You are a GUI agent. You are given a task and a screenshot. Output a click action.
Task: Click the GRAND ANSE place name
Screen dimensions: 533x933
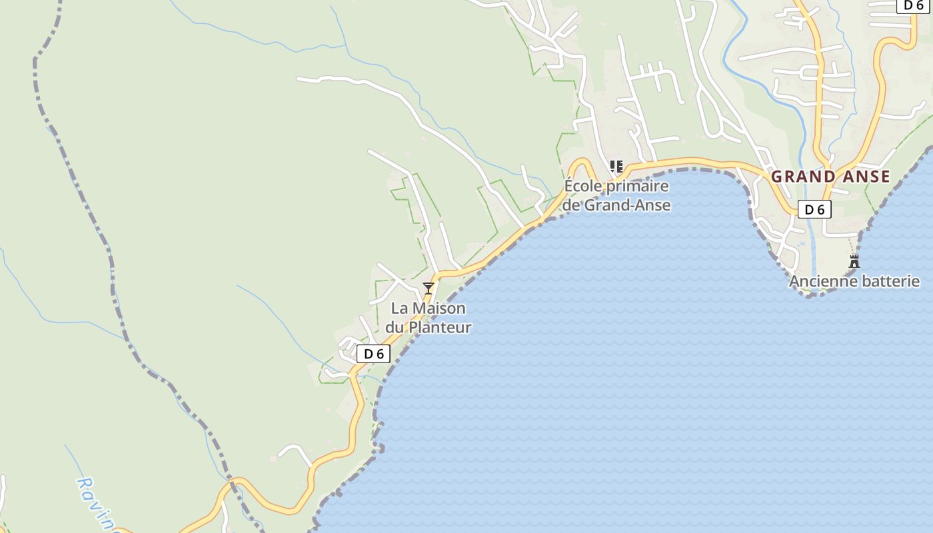[830, 177]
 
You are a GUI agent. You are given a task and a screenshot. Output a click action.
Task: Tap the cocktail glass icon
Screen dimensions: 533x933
[429, 288]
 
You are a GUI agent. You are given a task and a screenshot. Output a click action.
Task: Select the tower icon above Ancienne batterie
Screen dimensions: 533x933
[854, 261]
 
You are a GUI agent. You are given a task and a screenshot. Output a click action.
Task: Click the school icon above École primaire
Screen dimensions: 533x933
[616, 166]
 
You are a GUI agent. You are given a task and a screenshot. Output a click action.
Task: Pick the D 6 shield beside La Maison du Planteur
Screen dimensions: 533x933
[374, 354]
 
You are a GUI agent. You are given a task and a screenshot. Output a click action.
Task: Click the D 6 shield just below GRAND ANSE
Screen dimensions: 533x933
[814, 209]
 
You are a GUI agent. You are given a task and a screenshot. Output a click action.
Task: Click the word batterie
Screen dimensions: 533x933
[891, 281]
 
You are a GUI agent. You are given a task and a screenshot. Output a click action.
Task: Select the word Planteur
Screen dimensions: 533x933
[439, 327]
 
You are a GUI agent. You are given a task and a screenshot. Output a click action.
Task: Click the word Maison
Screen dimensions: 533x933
[439, 308]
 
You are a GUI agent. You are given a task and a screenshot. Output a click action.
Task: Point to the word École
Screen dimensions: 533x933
[584, 186]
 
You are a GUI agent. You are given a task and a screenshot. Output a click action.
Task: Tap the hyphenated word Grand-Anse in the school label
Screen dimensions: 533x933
[627, 205]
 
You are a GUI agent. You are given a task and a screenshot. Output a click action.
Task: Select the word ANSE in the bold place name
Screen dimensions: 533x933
[864, 177]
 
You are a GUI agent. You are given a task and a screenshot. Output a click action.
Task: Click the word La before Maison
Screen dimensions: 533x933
[399, 308]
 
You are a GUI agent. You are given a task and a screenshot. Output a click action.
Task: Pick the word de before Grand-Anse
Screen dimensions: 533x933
[571, 205]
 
